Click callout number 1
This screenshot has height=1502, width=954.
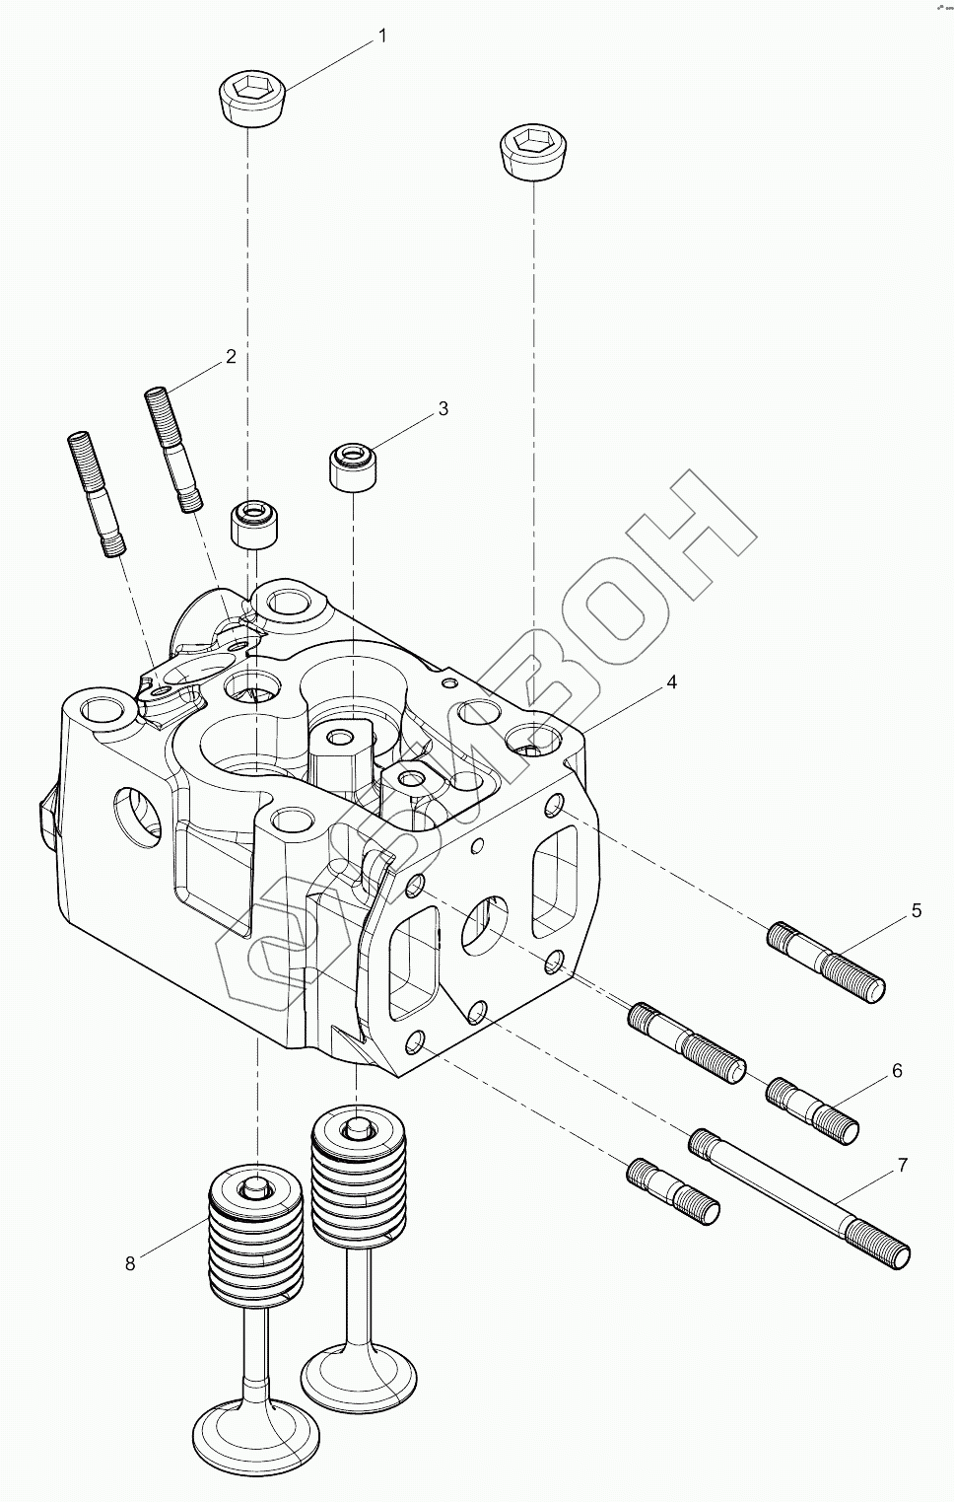tap(382, 36)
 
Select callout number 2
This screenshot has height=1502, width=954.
tap(231, 356)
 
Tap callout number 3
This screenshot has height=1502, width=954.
tap(443, 407)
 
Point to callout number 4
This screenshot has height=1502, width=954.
tap(671, 681)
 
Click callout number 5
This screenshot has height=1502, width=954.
tap(917, 910)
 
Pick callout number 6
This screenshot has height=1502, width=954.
tap(897, 1070)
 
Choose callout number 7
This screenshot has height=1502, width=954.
tap(902, 1165)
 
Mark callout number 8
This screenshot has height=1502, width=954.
tap(130, 1263)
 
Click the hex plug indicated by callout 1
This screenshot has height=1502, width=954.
tap(252, 98)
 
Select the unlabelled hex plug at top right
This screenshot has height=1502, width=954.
tap(532, 153)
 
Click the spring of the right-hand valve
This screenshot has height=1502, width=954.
tap(358, 1182)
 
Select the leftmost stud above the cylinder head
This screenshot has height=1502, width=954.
tap(96, 493)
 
